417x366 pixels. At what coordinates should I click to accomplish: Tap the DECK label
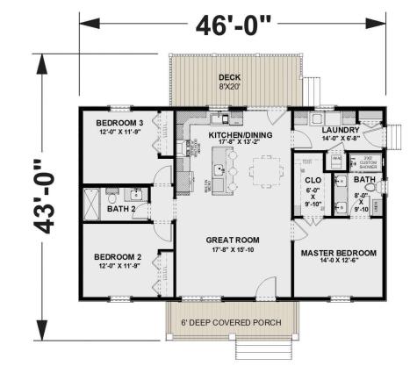click(x=230, y=78)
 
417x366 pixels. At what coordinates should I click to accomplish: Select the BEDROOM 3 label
click(x=119, y=122)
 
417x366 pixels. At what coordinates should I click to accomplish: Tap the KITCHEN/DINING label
click(x=234, y=135)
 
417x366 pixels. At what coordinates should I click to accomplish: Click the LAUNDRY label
click(x=342, y=128)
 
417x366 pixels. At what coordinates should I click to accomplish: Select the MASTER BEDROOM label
click(x=338, y=253)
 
